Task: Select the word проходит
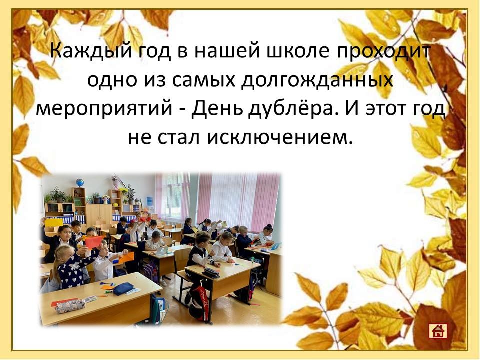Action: pyautogui.click(x=384, y=51)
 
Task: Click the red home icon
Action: pyautogui.click(x=438, y=331)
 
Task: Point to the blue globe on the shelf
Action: pyautogui.click(x=80, y=183)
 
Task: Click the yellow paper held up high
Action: pyautogui.click(x=54, y=222)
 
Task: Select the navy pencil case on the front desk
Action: pyautogui.click(x=123, y=288)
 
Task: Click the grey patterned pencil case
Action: pyautogui.click(x=70, y=306)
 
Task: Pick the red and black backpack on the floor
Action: pyautogui.click(x=199, y=303)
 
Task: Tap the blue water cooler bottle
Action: pyautogui.click(x=149, y=201)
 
